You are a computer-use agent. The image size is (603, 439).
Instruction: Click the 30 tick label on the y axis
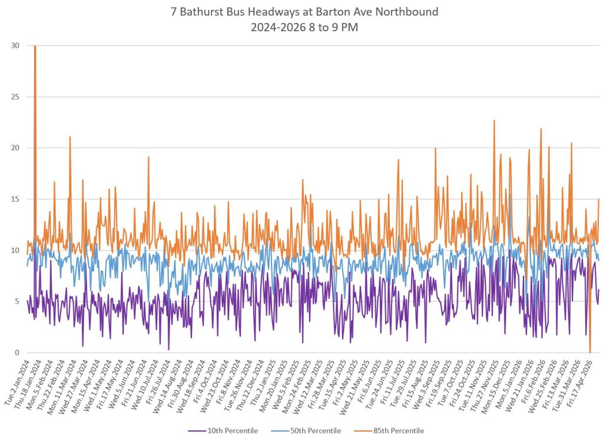tap(15, 46)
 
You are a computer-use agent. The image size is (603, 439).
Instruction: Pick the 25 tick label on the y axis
tap(15, 97)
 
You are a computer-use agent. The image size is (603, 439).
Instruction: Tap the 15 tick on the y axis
tap(15, 199)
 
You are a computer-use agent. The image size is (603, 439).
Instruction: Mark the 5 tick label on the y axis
tap(17, 301)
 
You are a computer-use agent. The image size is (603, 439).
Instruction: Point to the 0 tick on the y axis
tap(17, 352)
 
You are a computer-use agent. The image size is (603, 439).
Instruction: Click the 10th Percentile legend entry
tap(223, 431)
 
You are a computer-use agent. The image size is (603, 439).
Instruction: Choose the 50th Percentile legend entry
tap(306, 431)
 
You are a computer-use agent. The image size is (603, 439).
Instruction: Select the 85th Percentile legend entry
tap(389, 431)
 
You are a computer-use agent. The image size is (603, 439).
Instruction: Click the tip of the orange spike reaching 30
tap(35, 46)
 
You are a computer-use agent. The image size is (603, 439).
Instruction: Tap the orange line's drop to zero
tap(590, 352)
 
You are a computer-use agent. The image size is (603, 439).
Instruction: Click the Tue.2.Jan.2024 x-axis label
tap(18, 383)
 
